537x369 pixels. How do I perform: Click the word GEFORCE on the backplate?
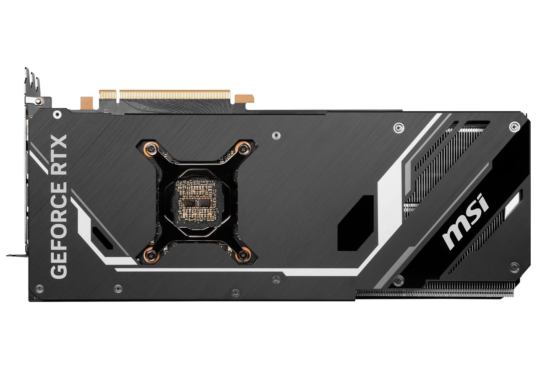[x=59, y=231]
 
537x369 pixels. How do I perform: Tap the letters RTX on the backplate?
[x=59, y=155]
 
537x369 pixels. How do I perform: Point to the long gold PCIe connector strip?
[x=175, y=95]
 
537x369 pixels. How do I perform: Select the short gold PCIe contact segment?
[x=108, y=95]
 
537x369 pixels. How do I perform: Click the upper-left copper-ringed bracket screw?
[x=151, y=148]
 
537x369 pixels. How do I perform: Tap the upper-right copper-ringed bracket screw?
[x=243, y=148]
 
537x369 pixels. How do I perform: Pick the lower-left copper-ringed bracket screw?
[x=151, y=255]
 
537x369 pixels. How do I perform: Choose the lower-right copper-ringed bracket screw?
[x=243, y=255]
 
